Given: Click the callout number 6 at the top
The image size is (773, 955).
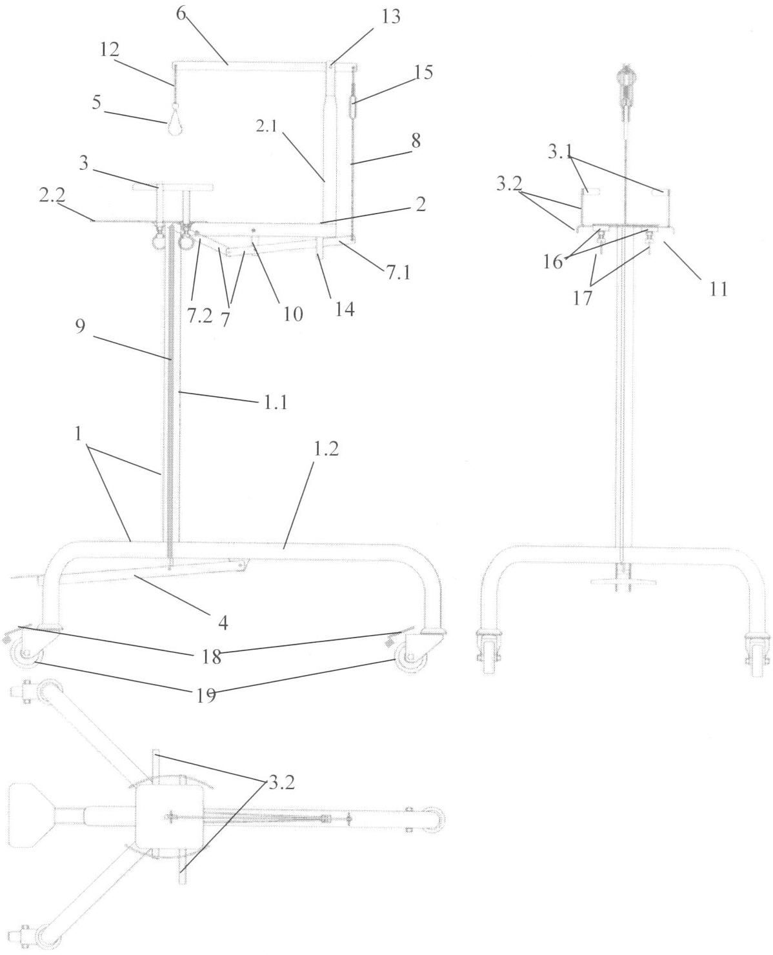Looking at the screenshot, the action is [181, 14].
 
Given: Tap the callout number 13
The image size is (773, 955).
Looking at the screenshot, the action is [390, 17].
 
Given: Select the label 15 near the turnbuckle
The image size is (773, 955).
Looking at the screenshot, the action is [423, 72].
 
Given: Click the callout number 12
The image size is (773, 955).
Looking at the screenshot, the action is [110, 49].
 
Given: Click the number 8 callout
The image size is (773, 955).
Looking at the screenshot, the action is [416, 141].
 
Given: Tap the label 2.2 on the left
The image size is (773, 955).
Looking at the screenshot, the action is [52, 195].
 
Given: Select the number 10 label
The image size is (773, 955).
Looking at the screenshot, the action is [293, 314].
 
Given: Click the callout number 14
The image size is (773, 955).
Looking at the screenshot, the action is [345, 309].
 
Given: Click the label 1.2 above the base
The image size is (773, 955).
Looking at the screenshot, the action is [326, 449].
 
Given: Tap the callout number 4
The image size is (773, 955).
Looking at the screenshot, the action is [223, 622].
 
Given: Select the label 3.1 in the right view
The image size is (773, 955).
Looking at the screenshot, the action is [559, 152].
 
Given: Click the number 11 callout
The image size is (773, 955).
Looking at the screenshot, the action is [719, 289].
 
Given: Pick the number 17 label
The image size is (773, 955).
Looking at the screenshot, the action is [583, 298].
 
